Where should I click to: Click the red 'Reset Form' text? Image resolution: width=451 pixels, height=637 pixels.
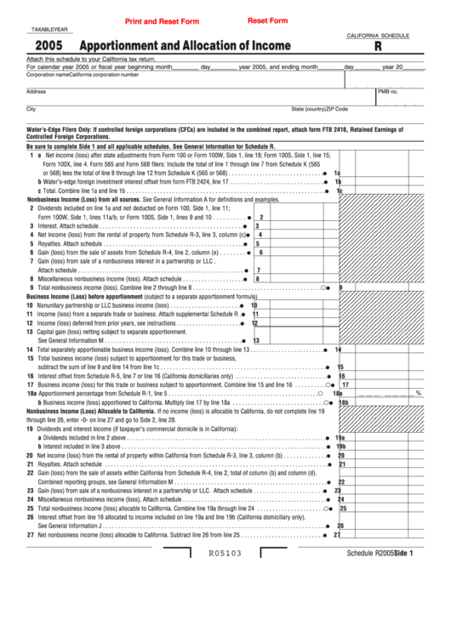click(x=267, y=20)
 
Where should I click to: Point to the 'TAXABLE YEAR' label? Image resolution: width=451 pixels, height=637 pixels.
click(x=49, y=30)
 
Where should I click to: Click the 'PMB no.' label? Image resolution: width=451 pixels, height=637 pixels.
click(x=388, y=91)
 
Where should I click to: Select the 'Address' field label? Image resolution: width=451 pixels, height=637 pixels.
click(x=36, y=91)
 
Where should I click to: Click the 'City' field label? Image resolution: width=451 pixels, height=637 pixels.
click(x=31, y=109)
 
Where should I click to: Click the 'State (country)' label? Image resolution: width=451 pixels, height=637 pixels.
click(x=310, y=110)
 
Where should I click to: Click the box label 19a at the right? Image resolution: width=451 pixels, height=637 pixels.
click(x=340, y=437)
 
